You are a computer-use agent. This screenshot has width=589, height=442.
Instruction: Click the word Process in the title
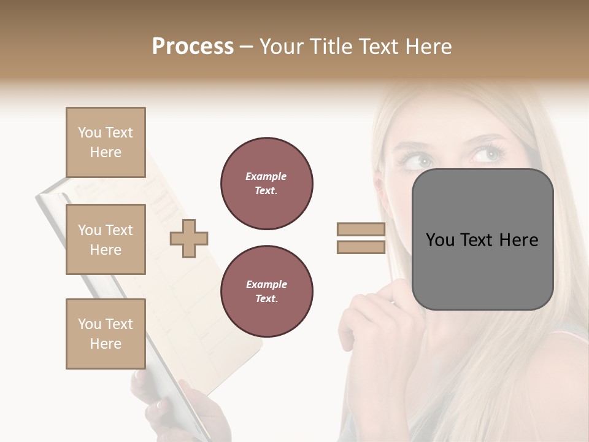tap(193, 47)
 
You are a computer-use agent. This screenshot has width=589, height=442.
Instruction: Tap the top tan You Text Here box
tap(106, 142)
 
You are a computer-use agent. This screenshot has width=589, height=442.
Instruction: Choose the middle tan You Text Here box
tap(106, 239)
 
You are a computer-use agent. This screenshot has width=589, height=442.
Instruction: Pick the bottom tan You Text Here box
tap(106, 333)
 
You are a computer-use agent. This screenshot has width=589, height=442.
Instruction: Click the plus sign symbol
tap(189, 239)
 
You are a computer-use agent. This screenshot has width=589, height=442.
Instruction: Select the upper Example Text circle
tap(267, 183)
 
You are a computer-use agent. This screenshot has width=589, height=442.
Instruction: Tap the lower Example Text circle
tap(267, 291)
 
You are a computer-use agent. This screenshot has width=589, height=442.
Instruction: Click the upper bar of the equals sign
tap(361, 229)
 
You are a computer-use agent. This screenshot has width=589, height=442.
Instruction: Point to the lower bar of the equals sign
tap(361, 247)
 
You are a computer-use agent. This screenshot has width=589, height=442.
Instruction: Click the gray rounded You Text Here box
tap(482, 239)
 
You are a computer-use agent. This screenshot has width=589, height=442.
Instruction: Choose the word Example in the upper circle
tap(266, 176)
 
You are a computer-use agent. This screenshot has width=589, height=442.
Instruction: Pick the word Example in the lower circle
tap(266, 284)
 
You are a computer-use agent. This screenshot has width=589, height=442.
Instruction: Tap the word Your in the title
tap(280, 47)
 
